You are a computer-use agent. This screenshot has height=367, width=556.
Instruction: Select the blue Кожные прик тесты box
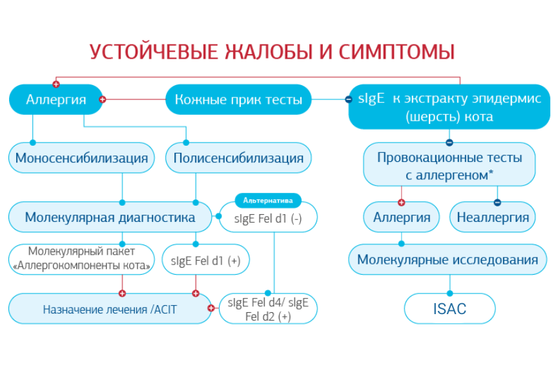pos(238,100)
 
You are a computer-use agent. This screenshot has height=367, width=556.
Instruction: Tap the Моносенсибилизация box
pos(81,158)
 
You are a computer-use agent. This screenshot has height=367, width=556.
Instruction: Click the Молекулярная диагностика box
pos(110,217)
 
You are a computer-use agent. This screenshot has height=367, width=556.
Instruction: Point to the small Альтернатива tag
pos(267,200)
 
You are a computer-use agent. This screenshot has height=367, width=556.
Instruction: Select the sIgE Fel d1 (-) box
pos(268,219)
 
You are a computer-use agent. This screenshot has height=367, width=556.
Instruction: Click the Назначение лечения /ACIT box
pos(110,309)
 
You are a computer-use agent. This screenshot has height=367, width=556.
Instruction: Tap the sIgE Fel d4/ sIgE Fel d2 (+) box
pos(268,309)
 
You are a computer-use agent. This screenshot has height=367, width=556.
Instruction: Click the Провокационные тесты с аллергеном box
pos(449,165)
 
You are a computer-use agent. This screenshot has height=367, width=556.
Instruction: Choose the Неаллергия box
pos(492,217)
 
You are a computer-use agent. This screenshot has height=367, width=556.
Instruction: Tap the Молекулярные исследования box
pos(448,260)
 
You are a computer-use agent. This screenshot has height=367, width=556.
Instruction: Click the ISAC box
pos(449,309)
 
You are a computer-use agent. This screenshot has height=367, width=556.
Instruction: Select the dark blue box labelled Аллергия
pos(56,100)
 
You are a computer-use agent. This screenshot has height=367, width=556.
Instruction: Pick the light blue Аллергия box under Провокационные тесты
pos(402,217)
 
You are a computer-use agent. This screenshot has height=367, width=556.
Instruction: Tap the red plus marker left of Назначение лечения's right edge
pos(211,308)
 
